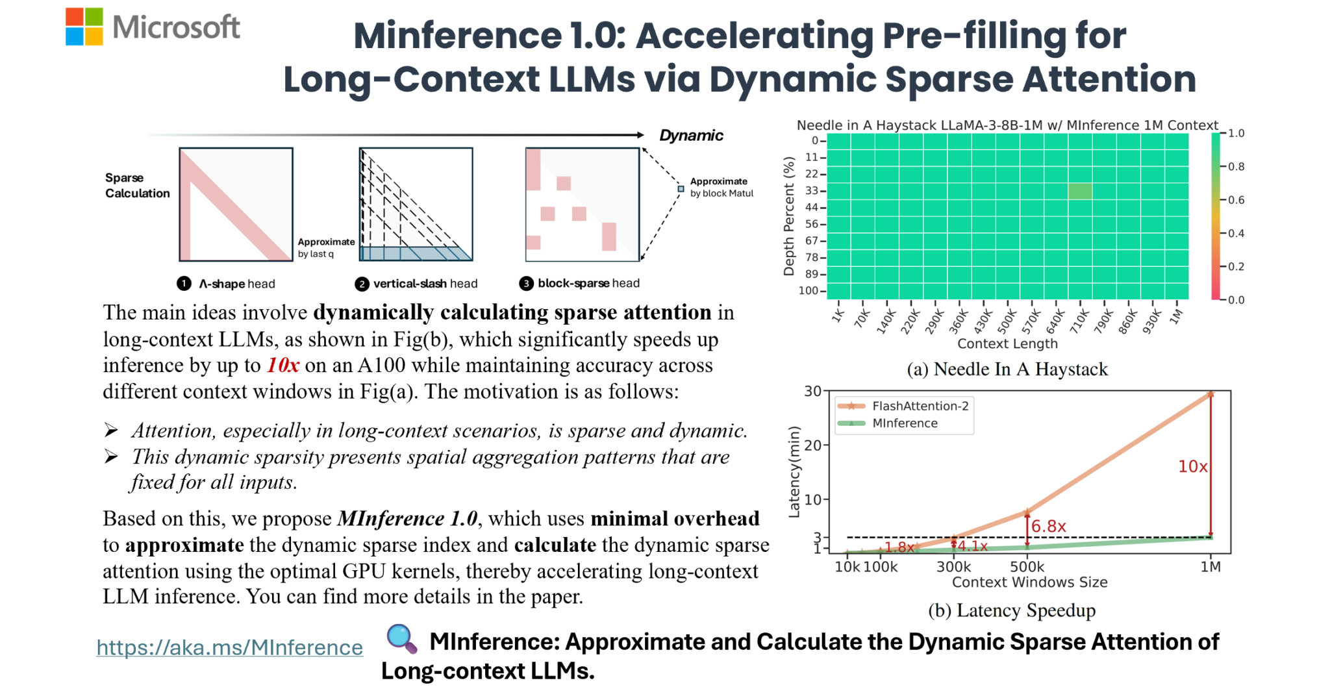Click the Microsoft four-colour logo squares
point(84,27)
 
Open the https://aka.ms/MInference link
point(229,647)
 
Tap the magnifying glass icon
point(401,638)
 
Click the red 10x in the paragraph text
point(282,366)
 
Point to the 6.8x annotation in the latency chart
point(1048,526)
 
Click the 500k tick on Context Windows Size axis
point(1027,567)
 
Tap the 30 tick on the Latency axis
point(812,391)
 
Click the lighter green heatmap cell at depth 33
point(1079,191)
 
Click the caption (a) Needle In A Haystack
point(1007,369)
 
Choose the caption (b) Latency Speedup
point(1012,610)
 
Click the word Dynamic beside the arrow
point(691,135)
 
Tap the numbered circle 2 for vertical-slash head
point(362,284)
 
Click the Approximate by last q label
point(326,247)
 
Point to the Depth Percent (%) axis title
point(789,216)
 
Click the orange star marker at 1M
point(1211,393)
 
